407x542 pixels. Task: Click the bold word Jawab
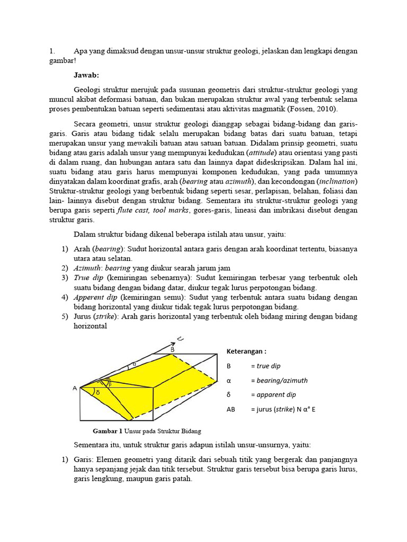pos(87,75)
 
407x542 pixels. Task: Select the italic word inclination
pos(337,181)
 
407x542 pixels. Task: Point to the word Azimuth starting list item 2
pos(86,268)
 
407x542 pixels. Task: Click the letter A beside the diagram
pos(75,388)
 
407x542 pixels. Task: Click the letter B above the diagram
pos(172,349)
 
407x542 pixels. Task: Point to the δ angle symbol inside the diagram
pos(98,392)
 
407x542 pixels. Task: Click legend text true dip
pos(269,366)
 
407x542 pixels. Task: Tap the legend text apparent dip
pos(277,395)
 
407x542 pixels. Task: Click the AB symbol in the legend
pos(231,409)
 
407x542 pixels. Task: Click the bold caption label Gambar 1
pos(108,431)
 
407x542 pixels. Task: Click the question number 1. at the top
pos(52,51)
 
